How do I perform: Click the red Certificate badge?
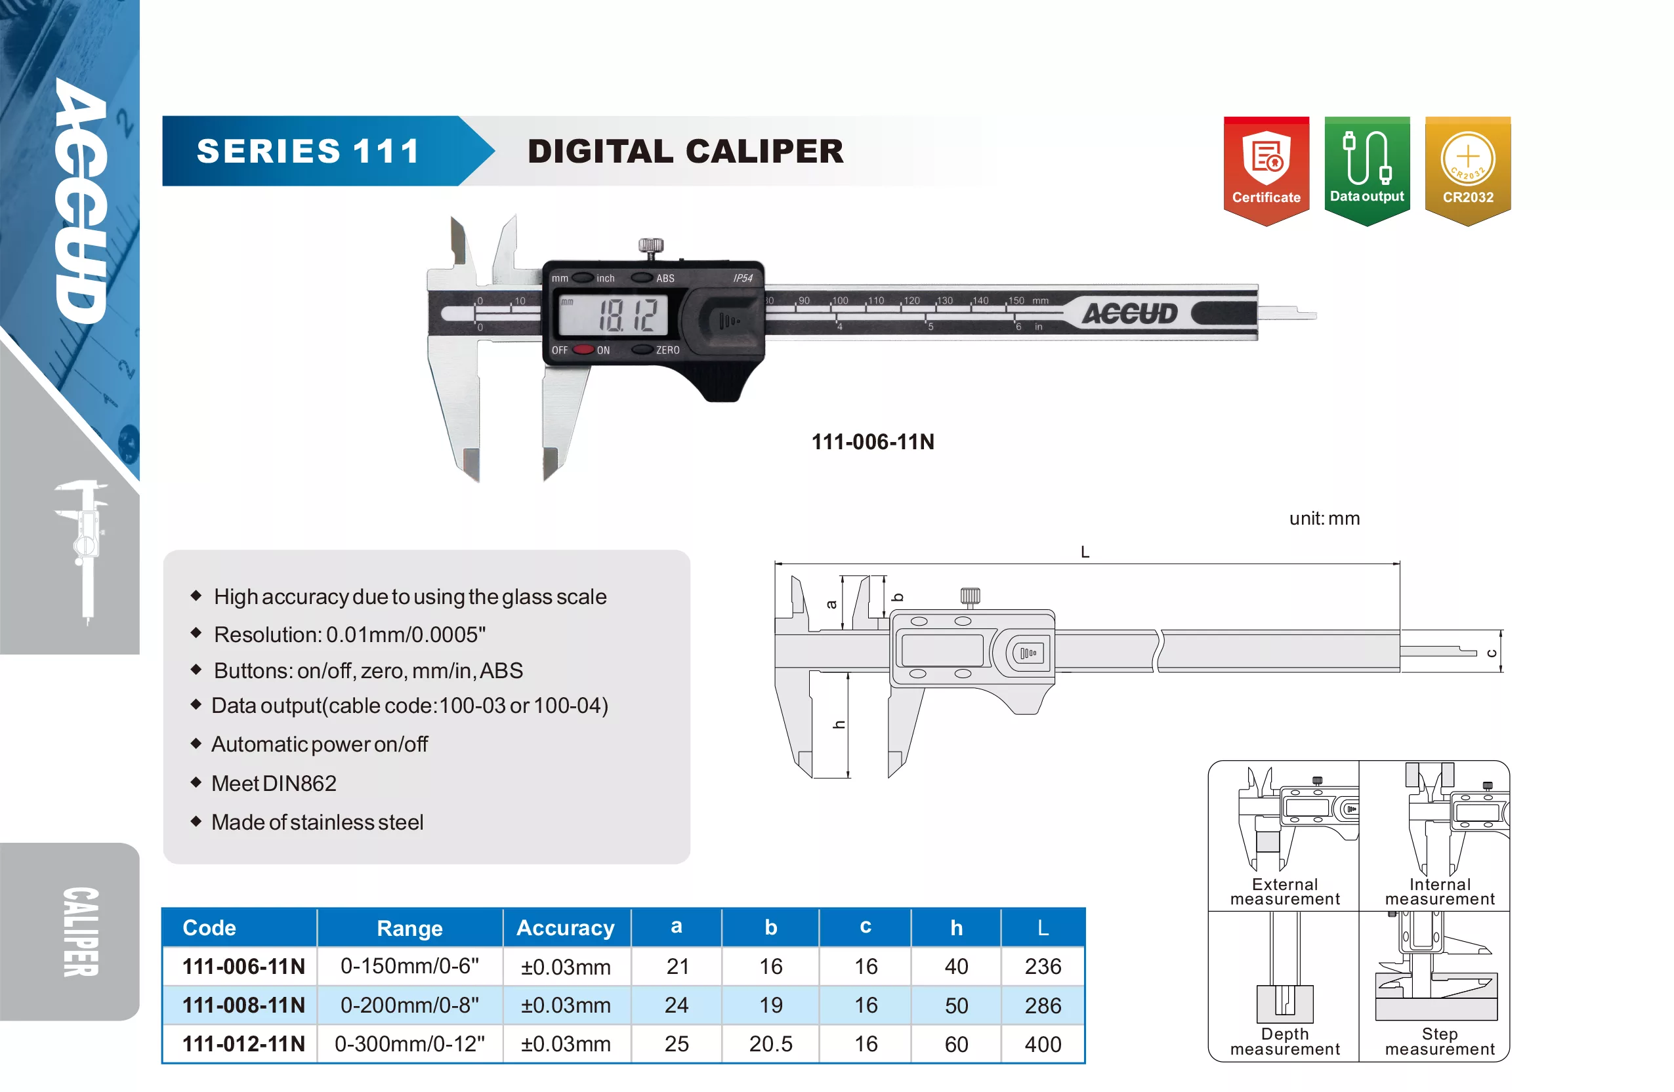(x=1266, y=171)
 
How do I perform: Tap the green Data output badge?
(x=1367, y=171)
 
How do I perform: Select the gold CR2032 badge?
(x=1468, y=171)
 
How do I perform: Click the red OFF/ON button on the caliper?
(x=583, y=350)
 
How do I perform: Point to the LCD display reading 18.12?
(x=613, y=314)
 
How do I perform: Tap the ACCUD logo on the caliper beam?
(x=1129, y=313)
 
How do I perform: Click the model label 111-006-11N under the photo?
(x=873, y=441)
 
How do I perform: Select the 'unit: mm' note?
(x=1324, y=518)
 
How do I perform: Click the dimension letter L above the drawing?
(x=1085, y=552)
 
